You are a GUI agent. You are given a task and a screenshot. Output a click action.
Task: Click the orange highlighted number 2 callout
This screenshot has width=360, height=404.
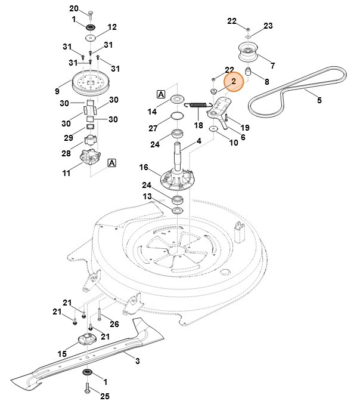233,81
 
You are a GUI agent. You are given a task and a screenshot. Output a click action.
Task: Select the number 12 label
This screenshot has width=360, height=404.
112,27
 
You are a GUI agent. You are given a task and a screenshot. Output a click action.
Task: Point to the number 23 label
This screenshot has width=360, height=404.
268,26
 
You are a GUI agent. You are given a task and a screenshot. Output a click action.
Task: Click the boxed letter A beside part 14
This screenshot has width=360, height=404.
162,94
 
